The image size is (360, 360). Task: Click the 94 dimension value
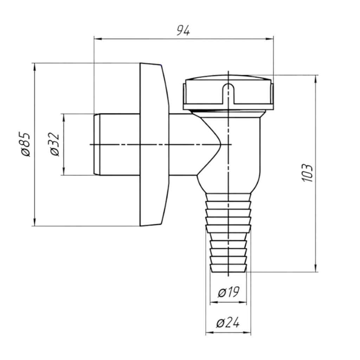pyautogui.click(x=183, y=31)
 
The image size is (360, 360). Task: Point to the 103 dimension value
pyautogui.click(x=307, y=173)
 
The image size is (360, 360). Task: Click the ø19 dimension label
pyautogui.click(x=229, y=292)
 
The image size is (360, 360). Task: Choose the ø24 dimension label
pyautogui.click(x=228, y=323)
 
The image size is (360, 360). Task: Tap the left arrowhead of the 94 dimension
pyautogui.click(x=98, y=39)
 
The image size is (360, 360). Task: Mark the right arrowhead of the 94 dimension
pyautogui.click(x=270, y=39)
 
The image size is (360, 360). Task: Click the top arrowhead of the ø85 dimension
pyautogui.click(x=34, y=67)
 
